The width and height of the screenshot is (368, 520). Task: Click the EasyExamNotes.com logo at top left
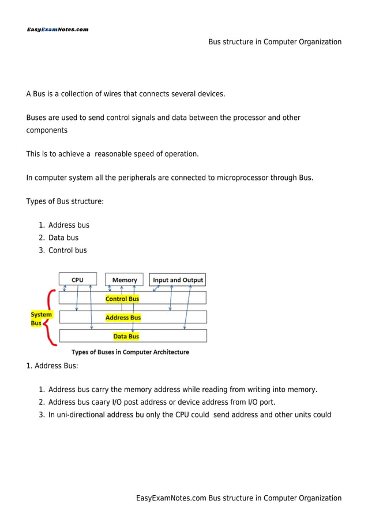[x=57, y=29]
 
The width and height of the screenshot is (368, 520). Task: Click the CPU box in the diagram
[x=77, y=280]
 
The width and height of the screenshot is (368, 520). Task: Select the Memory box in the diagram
[x=125, y=280]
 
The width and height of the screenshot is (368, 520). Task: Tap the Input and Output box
[x=178, y=280]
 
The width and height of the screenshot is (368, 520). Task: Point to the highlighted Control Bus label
[x=122, y=299]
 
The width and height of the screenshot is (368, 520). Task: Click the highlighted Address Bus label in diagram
[x=123, y=318]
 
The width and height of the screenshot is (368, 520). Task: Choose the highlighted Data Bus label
[x=126, y=336]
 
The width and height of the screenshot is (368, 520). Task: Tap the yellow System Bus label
[x=41, y=319]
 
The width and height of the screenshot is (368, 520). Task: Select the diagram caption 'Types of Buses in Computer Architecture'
[x=130, y=352]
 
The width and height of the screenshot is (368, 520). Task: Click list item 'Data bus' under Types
[x=63, y=238]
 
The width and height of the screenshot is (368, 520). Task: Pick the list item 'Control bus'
[x=67, y=250]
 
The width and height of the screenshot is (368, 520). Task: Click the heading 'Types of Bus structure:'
[x=65, y=201]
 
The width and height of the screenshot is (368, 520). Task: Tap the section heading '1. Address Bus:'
[x=52, y=365]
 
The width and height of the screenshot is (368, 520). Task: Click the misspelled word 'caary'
[x=106, y=402]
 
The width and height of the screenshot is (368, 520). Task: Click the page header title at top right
[x=275, y=42]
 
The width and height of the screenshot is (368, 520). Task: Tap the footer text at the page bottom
[x=239, y=498]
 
